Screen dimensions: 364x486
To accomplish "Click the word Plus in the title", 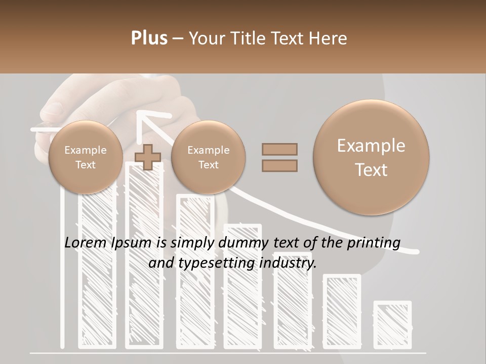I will tap(149, 38).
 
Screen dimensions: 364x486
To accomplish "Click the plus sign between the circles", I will tap(148, 157).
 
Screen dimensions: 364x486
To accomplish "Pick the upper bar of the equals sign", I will tap(279, 149).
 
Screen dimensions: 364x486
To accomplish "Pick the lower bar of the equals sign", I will tap(279, 165).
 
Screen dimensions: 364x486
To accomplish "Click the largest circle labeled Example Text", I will tap(371, 157).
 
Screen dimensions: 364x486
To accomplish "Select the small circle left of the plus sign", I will tap(86, 157).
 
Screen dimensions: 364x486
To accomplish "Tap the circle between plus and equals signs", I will tap(208, 157).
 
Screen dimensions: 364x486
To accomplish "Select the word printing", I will tap(374, 243).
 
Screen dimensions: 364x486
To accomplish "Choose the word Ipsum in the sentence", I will tap(131, 243).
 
